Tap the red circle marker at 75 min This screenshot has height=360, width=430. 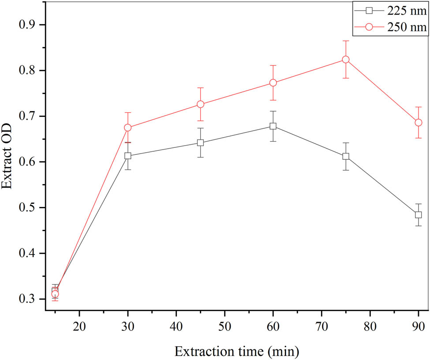(346, 60)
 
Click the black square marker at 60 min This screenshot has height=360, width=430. (273, 126)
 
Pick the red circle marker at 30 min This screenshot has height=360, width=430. (128, 127)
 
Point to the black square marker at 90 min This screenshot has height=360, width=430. (418, 215)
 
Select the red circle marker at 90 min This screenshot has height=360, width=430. (418, 123)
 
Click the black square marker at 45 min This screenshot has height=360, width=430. (200, 142)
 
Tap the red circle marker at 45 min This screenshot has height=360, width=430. (200, 104)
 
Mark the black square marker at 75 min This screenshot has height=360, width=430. (346, 156)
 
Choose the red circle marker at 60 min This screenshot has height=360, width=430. (273, 83)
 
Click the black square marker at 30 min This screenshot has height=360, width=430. (128, 156)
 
